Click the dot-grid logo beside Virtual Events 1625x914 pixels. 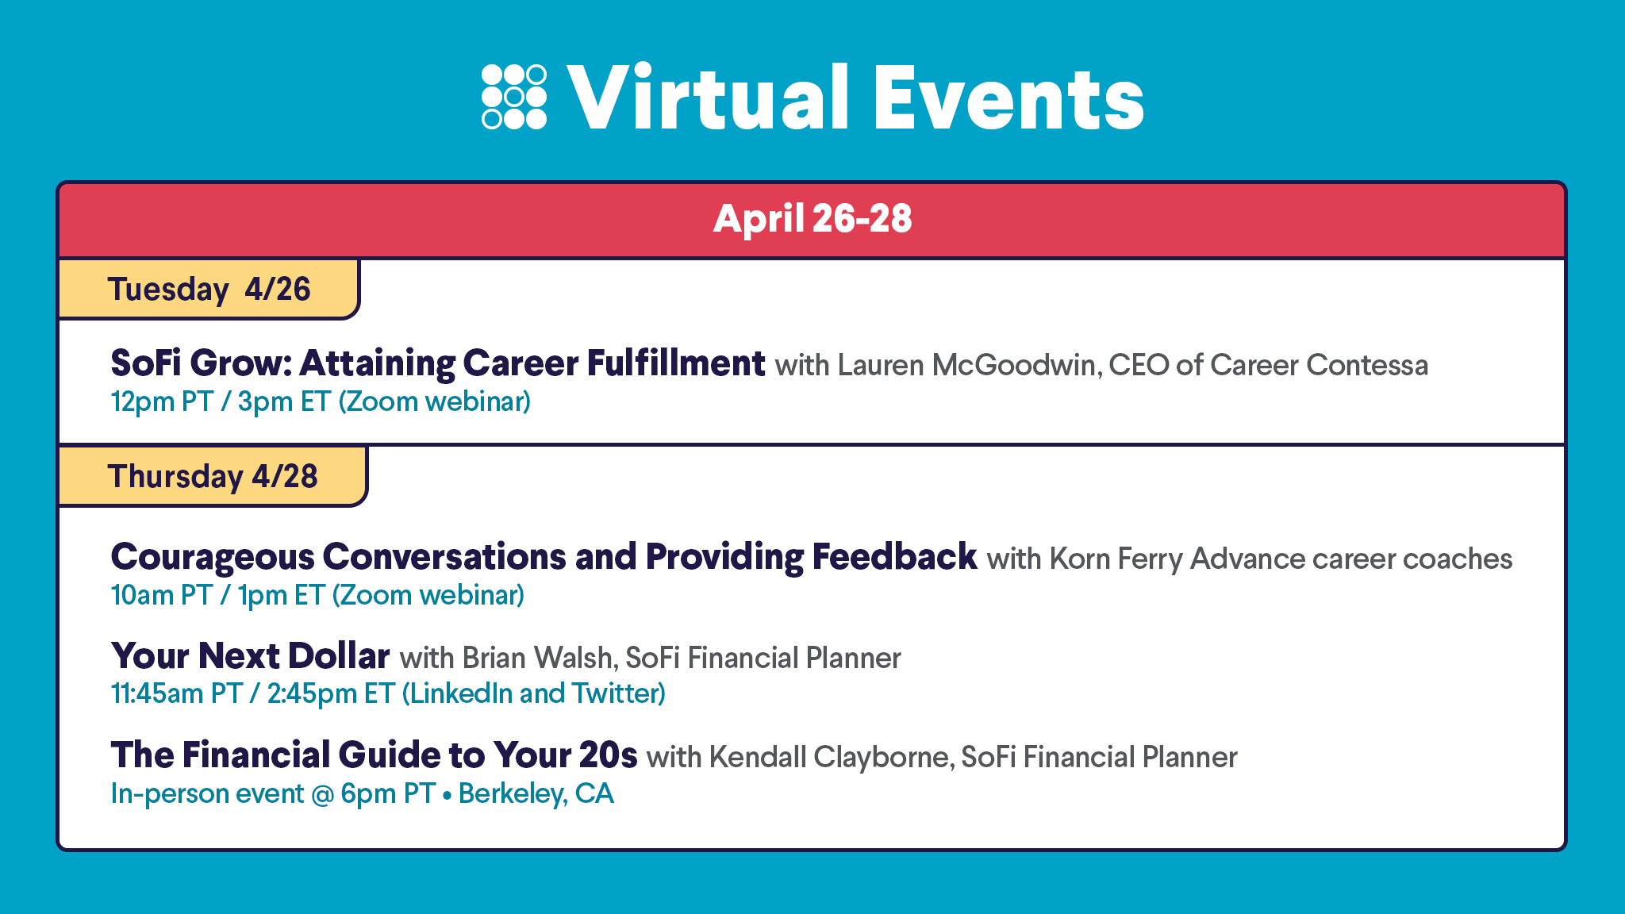514,97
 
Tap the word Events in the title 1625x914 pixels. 1009,98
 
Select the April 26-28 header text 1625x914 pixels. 812,218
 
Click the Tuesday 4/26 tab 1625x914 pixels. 209,289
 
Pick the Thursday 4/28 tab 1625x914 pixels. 213,476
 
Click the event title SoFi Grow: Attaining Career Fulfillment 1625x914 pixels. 438,363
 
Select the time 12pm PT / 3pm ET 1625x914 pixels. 221,401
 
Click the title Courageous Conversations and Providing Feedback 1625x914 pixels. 544,557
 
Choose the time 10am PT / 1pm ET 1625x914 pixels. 217,595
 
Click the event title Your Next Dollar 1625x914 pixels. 250,656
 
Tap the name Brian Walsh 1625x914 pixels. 537,659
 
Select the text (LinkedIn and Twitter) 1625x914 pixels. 533,693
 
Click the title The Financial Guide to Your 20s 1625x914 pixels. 374,755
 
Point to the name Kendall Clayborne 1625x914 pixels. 829,758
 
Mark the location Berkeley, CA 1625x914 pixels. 536,793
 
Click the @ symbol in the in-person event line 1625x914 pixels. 322,794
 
